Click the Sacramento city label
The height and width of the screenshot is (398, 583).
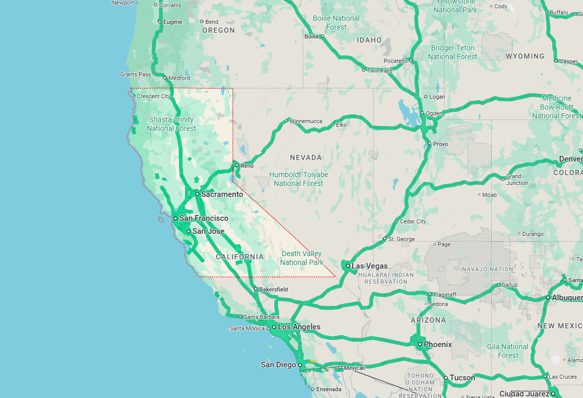222,194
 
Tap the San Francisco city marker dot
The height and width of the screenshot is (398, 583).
176,218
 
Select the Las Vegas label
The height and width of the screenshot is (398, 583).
369,266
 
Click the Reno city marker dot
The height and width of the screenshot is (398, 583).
237,166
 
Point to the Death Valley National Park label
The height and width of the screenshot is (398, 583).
302,258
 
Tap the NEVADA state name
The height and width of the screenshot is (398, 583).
306,157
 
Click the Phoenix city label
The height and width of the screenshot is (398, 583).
438,344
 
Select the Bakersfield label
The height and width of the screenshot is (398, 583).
273,289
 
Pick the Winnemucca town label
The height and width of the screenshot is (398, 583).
306,122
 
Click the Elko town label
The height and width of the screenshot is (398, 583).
341,125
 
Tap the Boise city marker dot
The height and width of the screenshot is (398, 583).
322,36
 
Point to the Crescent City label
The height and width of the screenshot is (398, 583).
154,96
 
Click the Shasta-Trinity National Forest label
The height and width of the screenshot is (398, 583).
171,124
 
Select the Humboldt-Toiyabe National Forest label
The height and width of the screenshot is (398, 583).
298,179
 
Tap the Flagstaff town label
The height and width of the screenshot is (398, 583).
445,295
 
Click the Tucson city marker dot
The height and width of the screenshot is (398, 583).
446,378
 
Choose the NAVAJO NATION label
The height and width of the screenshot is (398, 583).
479,269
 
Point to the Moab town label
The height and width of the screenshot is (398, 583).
489,195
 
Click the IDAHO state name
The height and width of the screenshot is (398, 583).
369,40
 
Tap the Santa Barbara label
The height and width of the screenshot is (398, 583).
261,317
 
